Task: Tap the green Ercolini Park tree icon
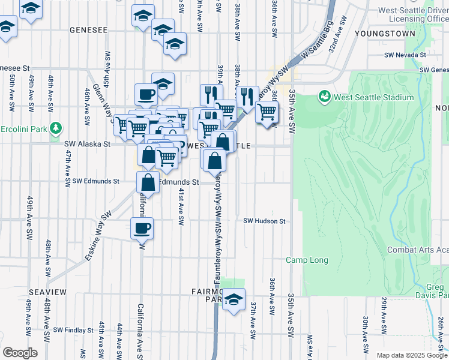click(56, 128)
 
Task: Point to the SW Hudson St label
click(264, 221)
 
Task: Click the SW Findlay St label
click(73, 330)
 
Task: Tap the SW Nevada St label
click(405, 55)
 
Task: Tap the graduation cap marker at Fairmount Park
click(234, 300)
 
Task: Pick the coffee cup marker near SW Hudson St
click(142, 229)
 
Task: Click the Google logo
click(20, 353)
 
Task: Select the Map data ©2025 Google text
click(412, 355)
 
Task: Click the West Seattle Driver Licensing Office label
click(415, 14)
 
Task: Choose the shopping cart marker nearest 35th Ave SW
click(267, 111)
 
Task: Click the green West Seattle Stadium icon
click(324, 97)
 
